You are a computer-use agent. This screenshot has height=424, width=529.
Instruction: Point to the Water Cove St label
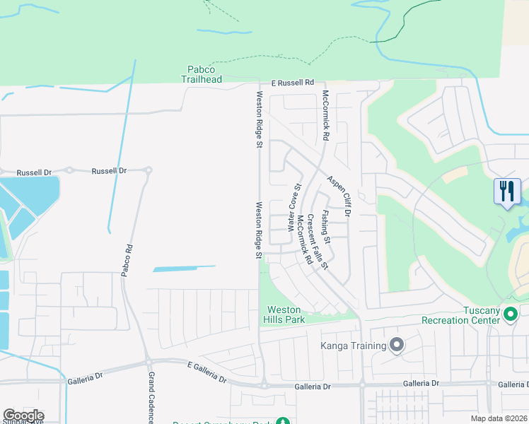(x=293, y=207)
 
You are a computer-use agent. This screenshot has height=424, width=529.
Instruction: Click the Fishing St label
(x=325, y=223)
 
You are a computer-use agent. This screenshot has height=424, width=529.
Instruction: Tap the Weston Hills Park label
(x=285, y=314)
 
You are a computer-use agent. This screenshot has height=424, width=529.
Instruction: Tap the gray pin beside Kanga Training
(x=397, y=346)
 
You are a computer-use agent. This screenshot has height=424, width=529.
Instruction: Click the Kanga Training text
(x=353, y=346)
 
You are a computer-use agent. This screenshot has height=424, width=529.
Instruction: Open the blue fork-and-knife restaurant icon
(x=507, y=192)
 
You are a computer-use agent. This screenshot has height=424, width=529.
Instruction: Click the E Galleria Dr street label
(x=207, y=372)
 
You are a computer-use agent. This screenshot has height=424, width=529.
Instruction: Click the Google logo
(x=23, y=416)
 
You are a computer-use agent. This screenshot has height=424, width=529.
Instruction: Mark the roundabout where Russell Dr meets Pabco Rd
(x=148, y=170)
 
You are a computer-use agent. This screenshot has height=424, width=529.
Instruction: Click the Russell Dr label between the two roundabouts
(x=110, y=171)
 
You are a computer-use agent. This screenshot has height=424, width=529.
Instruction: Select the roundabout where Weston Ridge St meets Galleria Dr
(x=263, y=386)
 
